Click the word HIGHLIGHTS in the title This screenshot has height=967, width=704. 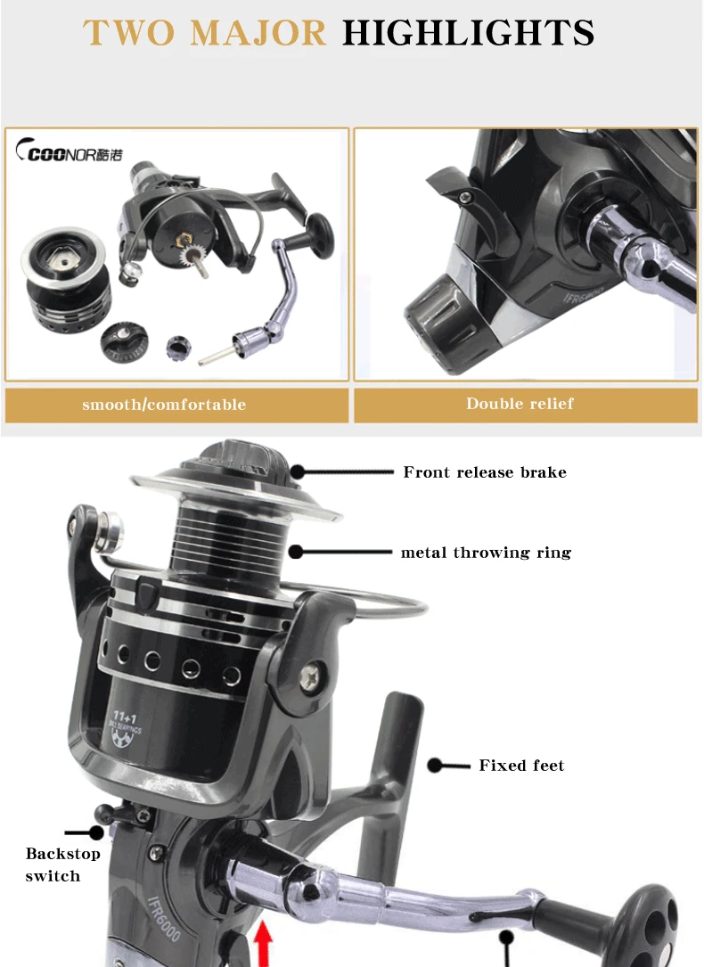pyautogui.click(x=469, y=33)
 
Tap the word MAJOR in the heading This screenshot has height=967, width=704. pyautogui.click(x=258, y=33)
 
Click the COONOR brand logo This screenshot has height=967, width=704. pyautogui.click(x=69, y=152)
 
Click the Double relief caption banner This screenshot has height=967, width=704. pyautogui.click(x=526, y=404)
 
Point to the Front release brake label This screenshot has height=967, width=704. pyautogui.click(x=485, y=472)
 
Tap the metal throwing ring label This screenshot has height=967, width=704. pyautogui.click(x=486, y=553)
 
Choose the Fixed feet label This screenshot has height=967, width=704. pyautogui.click(x=521, y=766)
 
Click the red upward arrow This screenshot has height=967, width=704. pyautogui.click(x=263, y=944)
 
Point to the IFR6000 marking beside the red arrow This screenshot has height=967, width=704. pyautogui.click(x=164, y=918)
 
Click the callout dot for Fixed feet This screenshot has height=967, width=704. pyautogui.click(x=435, y=766)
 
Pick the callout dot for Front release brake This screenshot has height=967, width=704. pyautogui.click(x=298, y=472)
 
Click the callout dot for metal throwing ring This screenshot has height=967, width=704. pyautogui.click(x=296, y=552)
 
